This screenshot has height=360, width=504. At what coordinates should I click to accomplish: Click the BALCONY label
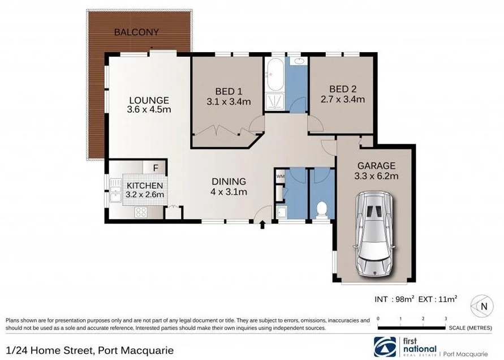137,32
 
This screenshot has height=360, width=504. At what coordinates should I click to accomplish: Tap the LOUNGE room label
149,100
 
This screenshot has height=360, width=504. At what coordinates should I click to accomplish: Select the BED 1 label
229,91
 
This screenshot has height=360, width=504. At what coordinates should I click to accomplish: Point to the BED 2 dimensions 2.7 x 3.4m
343,99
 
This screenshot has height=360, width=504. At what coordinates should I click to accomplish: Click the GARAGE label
376,166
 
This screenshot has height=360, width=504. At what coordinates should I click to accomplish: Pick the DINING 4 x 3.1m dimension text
229,192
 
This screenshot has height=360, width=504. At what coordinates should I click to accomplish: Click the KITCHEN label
145,185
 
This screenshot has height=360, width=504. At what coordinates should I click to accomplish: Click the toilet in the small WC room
322,209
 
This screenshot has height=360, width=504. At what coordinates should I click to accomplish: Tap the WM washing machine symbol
280,177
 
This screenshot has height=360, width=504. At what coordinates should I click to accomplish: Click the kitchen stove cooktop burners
140,212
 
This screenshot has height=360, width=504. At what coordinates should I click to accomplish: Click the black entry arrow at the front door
262,225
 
